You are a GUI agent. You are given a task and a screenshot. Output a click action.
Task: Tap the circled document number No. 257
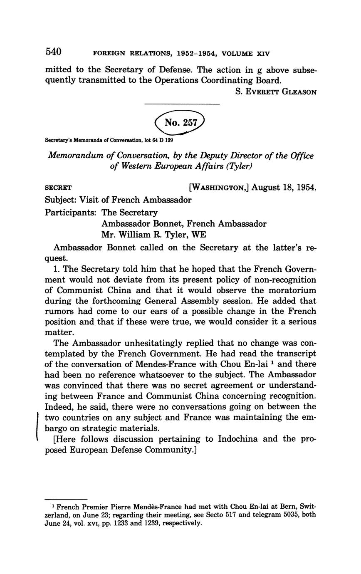coord(180,122)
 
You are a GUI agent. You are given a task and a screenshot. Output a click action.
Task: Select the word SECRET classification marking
coord(58,188)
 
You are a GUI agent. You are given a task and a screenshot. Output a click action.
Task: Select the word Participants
coord(70,212)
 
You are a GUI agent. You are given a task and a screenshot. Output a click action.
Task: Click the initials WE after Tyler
coord(198,235)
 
